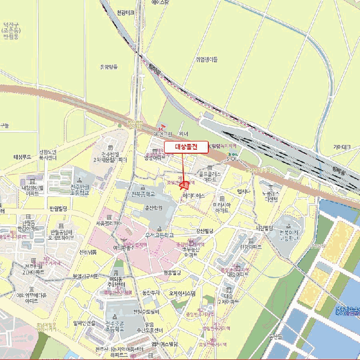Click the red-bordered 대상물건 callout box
186,147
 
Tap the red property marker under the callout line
184,186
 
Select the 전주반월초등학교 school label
80,189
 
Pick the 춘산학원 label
153,208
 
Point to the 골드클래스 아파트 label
210,177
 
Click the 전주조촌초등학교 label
116,327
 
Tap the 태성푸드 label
23,156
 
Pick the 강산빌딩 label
204,230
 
